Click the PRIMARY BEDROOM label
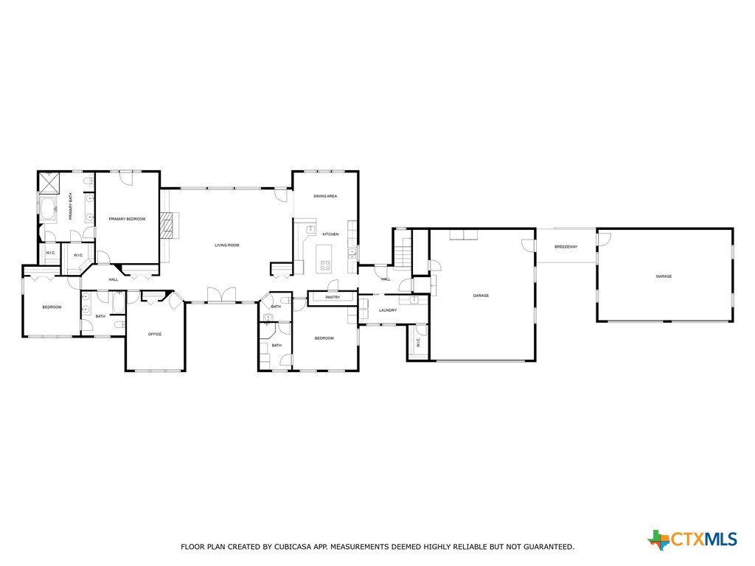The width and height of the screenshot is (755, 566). pos(127,219)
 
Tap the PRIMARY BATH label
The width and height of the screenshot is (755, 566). pos(70,206)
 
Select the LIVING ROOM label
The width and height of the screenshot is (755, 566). pos(227,245)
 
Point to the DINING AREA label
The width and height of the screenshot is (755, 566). pos(325,196)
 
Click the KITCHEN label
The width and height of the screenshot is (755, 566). pos(331,234)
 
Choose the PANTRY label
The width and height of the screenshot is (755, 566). pos(333,298)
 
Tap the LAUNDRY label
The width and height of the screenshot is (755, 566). pos(388,310)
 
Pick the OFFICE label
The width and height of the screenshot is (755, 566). pos(155,334)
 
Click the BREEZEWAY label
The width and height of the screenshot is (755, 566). pos(566,247)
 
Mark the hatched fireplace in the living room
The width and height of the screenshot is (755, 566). pos(167,226)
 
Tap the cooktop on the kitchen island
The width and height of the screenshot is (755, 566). pos(325,264)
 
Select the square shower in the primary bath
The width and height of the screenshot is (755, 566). pos(49,184)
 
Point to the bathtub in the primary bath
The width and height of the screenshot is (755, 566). pos(48,210)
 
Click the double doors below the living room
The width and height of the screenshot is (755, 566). pos(221,295)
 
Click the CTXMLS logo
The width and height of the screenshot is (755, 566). pos(692,539)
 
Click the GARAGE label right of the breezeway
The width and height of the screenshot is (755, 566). pos(664,277)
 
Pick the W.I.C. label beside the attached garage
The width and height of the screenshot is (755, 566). pos(418,342)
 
